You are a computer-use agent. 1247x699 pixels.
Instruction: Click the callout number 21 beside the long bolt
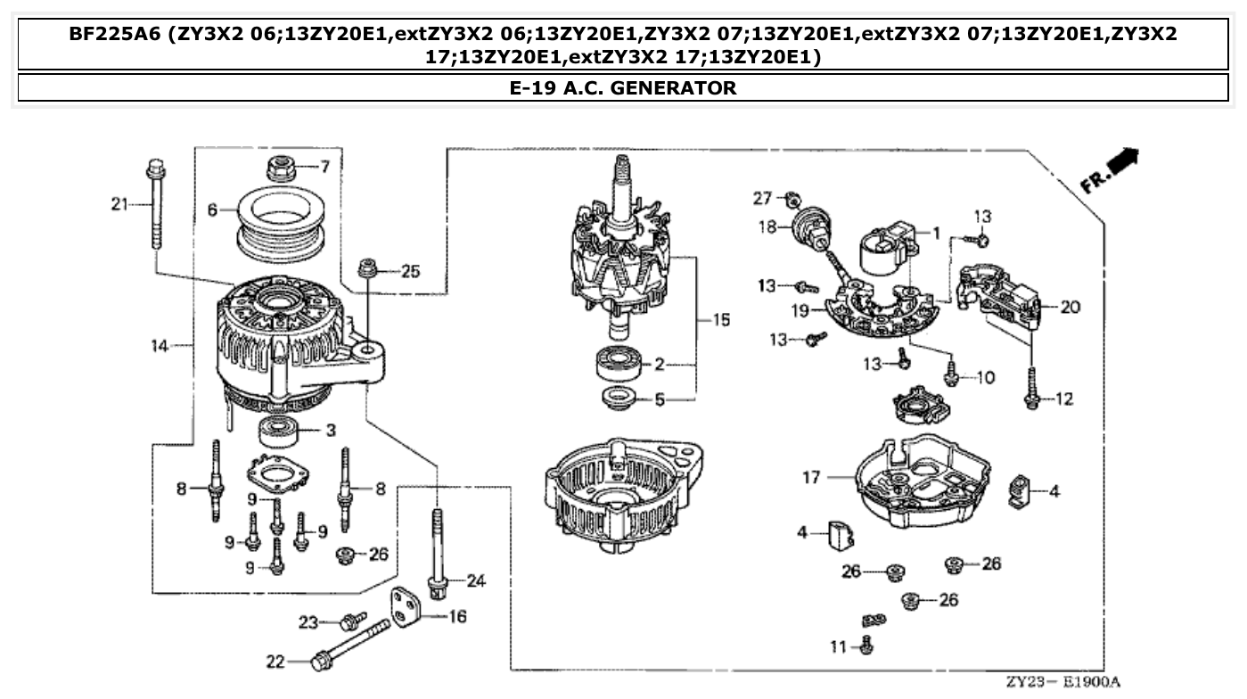[119, 205]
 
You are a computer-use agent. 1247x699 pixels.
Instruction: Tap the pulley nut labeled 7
[281, 167]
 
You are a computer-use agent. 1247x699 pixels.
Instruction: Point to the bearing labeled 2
[620, 364]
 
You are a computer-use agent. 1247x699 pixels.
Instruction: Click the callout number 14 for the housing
[159, 346]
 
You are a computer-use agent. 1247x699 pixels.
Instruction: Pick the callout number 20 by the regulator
[1071, 307]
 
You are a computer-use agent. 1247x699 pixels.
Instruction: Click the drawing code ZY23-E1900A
[1065, 682]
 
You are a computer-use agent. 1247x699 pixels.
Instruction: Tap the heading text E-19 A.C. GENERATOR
[622, 87]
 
